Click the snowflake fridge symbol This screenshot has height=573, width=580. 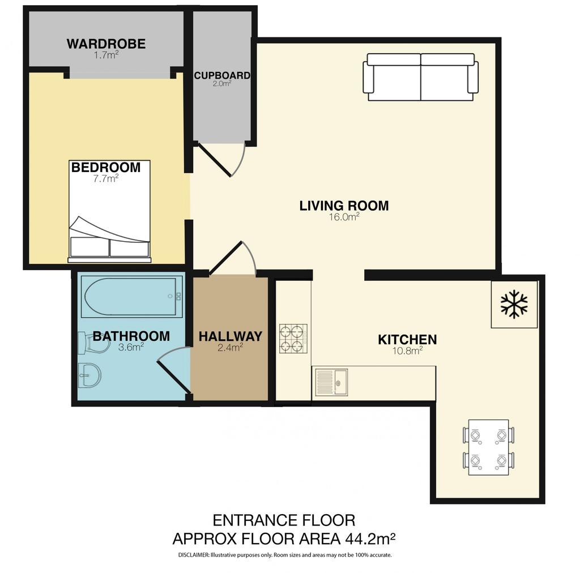pos(514,304)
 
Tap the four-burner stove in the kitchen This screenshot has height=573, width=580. pos(293,338)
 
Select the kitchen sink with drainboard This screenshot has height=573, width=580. pos(331,382)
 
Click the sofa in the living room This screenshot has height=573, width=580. pos(421,77)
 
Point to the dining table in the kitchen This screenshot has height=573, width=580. pos(488,447)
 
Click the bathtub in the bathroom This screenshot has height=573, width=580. pos(131,296)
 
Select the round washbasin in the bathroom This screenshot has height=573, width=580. pos(89,375)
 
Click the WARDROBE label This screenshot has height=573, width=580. pos(106,44)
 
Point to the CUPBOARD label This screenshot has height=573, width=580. pos(222,75)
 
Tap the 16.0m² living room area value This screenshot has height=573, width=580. pos(344,217)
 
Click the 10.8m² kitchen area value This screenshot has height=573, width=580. pos(407,350)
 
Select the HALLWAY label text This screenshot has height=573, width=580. pos(231,336)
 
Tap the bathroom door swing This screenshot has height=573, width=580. pos(174,369)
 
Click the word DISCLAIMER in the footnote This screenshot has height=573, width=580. pos(194,555)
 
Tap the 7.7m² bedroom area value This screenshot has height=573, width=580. pos(106,178)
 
